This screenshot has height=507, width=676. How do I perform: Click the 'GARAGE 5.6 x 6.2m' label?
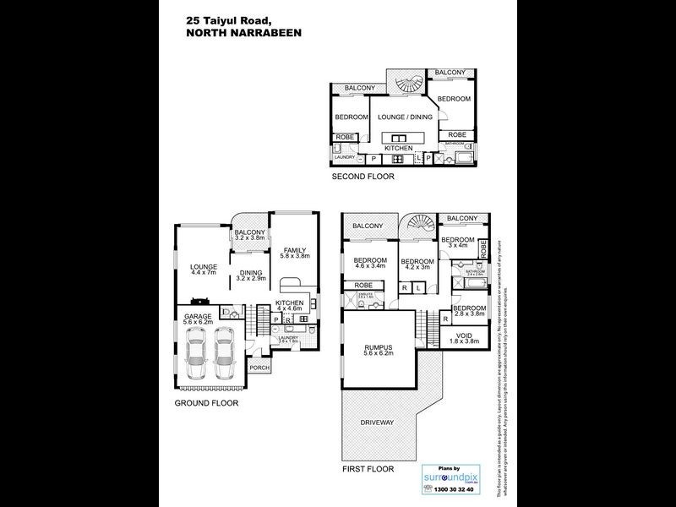click(x=199, y=320)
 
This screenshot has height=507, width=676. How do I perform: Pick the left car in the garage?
click(x=194, y=353)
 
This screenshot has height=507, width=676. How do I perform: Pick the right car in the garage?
click(x=223, y=353)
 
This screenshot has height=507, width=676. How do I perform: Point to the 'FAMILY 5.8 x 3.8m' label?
click(x=296, y=253)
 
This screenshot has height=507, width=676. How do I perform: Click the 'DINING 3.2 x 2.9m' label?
click(x=251, y=275)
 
